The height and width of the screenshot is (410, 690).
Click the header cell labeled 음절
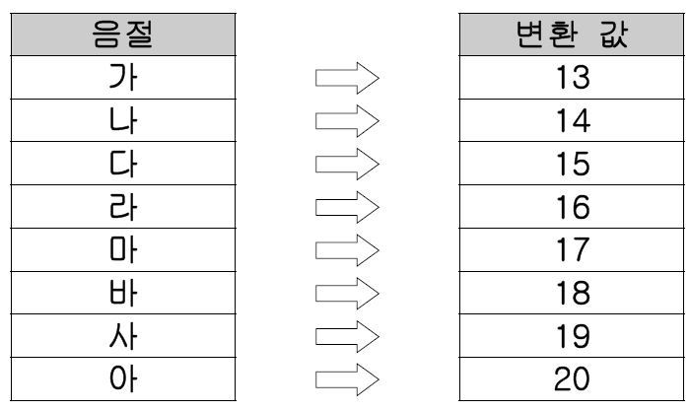(123, 34)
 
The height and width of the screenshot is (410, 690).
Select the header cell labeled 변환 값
(572, 34)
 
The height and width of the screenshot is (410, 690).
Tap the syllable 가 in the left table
(123, 77)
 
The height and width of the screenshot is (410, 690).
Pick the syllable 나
(123, 120)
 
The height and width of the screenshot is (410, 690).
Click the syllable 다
(123, 164)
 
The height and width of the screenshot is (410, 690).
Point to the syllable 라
(123, 206)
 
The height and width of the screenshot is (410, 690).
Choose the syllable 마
(123, 249)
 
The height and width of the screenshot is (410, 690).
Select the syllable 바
(123, 293)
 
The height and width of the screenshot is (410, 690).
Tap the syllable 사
(123, 336)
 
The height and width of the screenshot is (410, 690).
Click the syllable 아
(123, 378)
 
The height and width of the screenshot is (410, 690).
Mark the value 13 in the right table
(573, 78)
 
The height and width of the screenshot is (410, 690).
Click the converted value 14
(573, 120)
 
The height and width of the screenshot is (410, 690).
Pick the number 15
(573, 164)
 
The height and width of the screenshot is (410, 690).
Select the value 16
(573, 207)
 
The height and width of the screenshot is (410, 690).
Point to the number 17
(573, 250)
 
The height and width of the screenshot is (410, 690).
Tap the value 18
(573, 293)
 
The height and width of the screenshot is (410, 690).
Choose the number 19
(573, 336)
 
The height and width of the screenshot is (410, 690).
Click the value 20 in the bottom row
(572, 379)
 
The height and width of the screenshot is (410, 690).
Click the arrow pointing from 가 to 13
(347, 78)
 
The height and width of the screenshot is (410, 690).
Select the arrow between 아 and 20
(347, 379)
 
